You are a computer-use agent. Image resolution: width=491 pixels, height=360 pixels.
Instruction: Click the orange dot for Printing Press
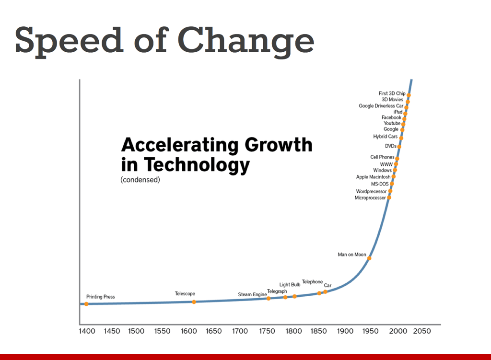[86, 304]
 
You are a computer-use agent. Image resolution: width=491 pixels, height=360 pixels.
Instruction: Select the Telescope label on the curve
[185, 294]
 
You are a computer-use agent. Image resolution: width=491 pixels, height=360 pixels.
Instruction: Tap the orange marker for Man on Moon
[369, 258]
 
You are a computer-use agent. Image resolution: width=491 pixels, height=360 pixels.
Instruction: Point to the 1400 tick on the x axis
[87, 331]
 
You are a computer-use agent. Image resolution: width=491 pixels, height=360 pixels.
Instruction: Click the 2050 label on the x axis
[422, 331]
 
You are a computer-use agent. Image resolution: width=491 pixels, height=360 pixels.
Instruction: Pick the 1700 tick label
[240, 331]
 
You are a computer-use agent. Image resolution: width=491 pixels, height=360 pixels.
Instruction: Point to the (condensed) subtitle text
[140, 180]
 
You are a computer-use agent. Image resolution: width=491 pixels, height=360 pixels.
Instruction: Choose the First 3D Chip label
[392, 93]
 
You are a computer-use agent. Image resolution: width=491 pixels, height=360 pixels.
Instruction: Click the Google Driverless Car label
[381, 106]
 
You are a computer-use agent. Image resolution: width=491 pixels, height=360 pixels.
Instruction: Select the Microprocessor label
[370, 197]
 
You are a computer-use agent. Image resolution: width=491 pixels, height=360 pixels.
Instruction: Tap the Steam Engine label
[252, 294]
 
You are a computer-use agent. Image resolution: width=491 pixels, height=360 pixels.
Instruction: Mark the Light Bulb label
[290, 285]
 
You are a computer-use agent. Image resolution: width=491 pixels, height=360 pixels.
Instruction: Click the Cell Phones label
[382, 157]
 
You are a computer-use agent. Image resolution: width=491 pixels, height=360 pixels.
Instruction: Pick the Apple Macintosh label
[373, 177]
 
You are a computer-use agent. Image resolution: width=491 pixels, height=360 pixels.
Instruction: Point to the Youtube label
[392, 123]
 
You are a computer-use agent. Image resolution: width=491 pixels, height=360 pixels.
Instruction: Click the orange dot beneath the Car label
[325, 291]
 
